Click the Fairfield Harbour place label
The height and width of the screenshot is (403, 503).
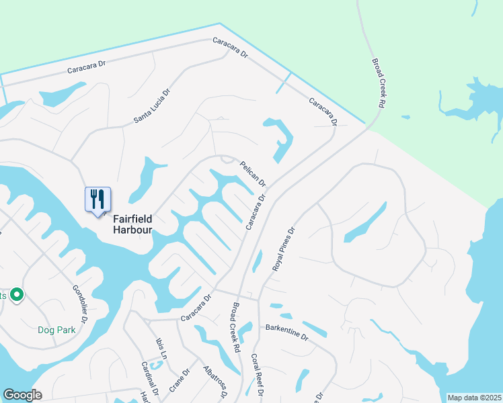132,224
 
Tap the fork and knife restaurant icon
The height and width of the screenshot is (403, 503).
98,199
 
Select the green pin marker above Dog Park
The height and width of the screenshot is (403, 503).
17,295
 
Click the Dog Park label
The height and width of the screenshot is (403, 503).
55,330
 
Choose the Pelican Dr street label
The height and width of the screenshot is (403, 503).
253,173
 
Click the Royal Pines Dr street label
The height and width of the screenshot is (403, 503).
284,249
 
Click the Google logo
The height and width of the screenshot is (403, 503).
22,395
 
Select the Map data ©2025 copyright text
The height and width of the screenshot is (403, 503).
473,398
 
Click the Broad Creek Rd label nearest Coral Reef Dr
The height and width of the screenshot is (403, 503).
235,327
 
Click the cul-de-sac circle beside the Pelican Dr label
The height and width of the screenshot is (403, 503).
227,160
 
